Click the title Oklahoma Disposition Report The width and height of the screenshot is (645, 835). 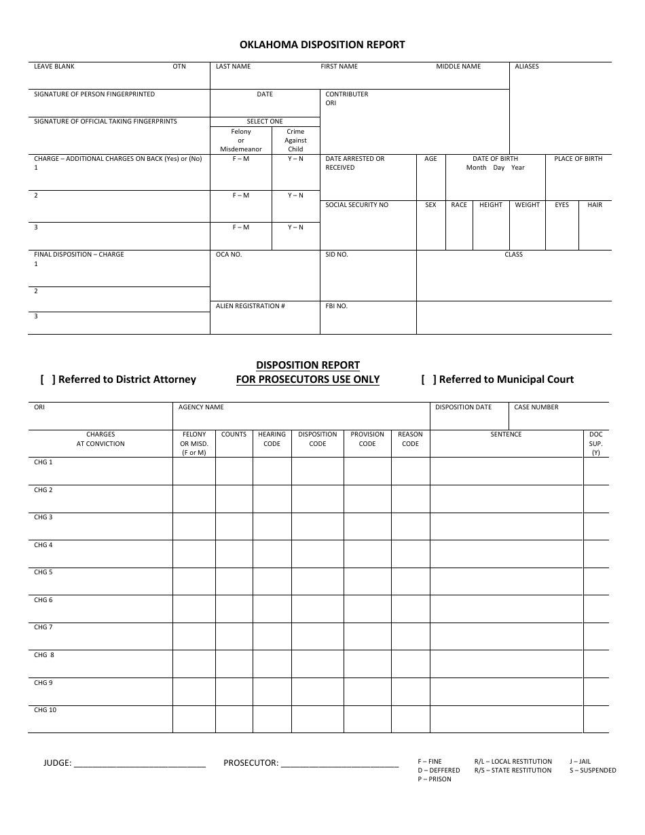point(322,45)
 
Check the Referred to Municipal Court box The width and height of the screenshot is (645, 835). point(428,379)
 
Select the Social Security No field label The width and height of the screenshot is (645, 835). point(356,205)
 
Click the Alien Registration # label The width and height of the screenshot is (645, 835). point(250,306)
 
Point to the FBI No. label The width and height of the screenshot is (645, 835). point(336,306)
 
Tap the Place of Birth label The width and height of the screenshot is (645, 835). point(578,159)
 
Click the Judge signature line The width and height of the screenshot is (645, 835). point(139,764)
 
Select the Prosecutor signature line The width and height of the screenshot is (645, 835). point(339,764)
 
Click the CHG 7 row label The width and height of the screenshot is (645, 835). point(43,627)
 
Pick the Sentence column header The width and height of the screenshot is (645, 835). point(506,434)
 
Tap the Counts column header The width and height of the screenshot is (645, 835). point(234,434)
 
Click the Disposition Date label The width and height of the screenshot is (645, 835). point(463,407)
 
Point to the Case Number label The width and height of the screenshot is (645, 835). point(536,407)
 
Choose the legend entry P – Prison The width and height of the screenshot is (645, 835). point(435,779)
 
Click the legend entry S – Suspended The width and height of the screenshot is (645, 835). point(593,771)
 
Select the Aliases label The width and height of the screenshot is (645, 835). point(527,67)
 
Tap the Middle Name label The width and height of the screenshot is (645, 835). point(458,67)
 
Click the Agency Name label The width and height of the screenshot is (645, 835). point(201,407)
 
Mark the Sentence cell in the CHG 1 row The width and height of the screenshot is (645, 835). point(506,471)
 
